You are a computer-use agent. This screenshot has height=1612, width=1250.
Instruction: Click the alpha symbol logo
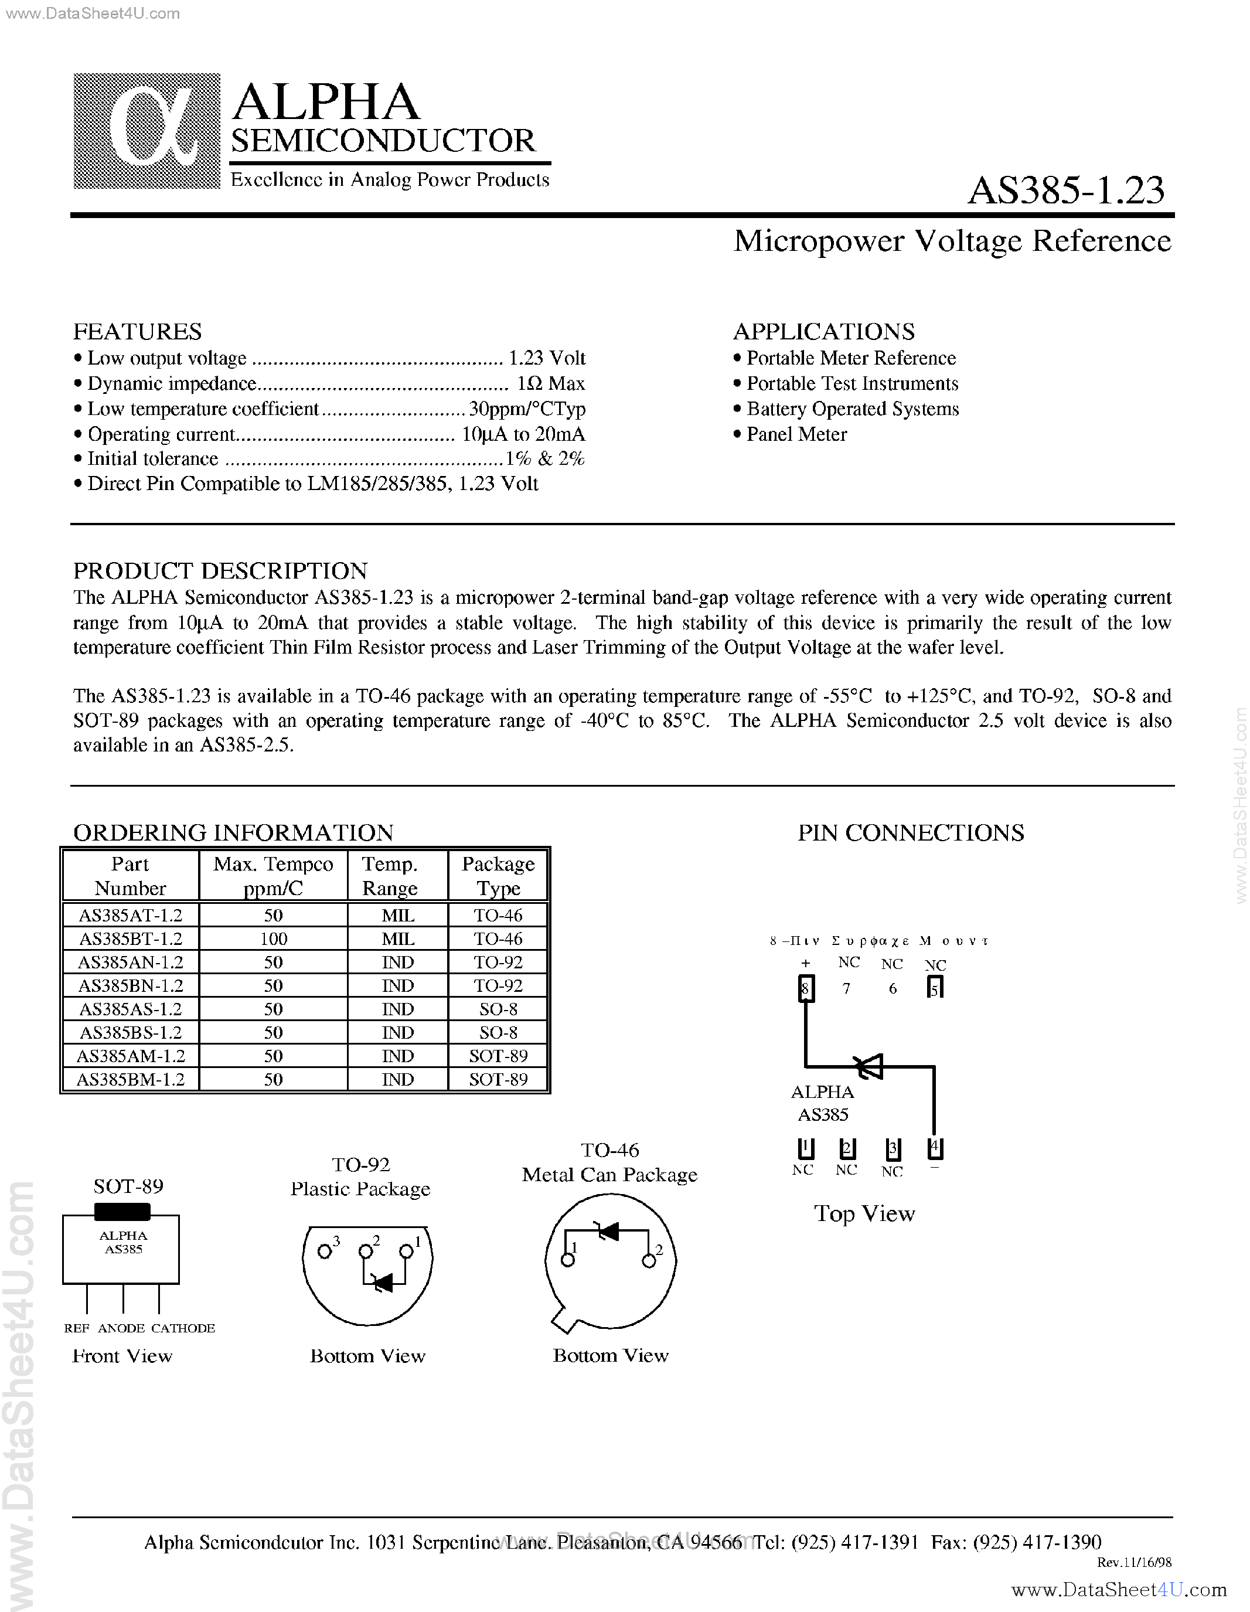[147, 131]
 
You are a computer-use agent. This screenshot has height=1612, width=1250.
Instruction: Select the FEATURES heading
[137, 331]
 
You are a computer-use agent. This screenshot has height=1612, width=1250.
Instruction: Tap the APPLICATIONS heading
[823, 331]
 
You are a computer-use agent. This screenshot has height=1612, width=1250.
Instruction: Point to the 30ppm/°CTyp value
[527, 409]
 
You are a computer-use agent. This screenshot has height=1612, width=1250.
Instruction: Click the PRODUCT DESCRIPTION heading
[220, 570]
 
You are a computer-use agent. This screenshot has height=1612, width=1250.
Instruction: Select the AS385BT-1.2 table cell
[130, 939]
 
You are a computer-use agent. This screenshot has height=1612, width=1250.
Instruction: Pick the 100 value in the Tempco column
[273, 939]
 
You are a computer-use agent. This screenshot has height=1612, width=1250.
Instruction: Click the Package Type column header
[498, 875]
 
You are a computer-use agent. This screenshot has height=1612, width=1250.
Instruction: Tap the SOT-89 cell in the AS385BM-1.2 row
[498, 1079]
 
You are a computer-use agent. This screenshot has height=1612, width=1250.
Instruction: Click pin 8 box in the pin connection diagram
[806, 988]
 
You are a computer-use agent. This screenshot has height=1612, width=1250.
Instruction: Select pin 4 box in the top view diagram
[935, 1148]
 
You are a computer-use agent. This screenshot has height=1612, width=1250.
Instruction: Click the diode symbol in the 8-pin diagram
[868, 1066]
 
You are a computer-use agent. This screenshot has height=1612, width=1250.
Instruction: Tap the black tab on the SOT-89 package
[122, 1211]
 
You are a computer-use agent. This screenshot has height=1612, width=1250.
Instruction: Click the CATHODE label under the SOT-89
[183, 1328]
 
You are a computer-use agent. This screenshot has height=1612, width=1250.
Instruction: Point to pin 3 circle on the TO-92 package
[324, 1251]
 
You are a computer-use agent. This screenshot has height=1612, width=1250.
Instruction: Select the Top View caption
[864, 1213]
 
